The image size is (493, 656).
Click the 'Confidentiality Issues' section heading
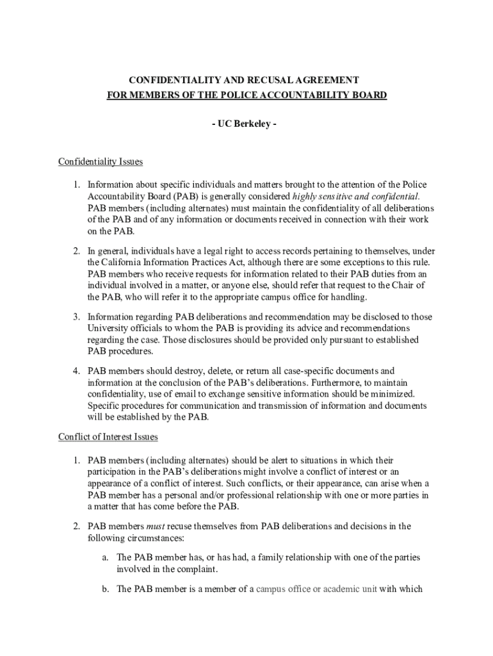click(x=101, y=161)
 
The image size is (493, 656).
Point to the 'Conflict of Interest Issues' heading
click(x=108, y=437)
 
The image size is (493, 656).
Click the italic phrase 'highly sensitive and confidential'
click(x=356, y=196)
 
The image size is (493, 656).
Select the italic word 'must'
click(x=156, y=527)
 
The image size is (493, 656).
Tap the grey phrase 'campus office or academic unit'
click(x=316, y=589)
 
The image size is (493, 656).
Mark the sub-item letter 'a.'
click(x=105, y=557)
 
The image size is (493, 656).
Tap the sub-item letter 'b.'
click(x=105, y=589)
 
